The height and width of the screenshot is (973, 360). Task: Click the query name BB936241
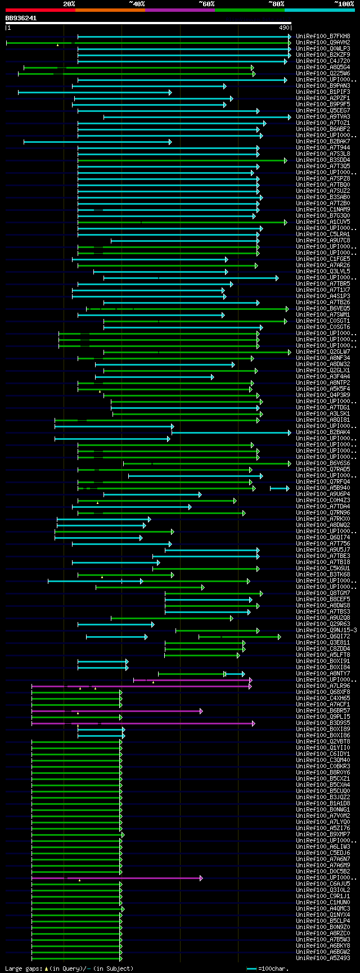pyautogui.click(x=21, y=18)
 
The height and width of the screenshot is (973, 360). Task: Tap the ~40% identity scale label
pyautogui.click(x=137, y=4)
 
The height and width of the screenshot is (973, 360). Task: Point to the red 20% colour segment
pyautogui.click(x=40, y=10)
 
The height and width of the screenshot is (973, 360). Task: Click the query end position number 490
pyautogui.click(x=283, y=28)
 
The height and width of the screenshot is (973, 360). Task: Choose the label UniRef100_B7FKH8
pyautogui.click(x=323, y=37)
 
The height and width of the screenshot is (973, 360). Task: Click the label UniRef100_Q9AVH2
pyautogui.click(x=323, y=43)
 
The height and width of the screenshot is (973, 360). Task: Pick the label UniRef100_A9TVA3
pyautogui.click(x=323, y=117)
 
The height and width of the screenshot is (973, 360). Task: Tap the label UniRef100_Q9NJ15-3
pyautogui.click(x=326, y=630)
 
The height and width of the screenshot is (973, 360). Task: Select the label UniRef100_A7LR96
pyautogui.click(x=323, y=686)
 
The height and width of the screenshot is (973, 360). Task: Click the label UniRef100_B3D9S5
pyautogui.click(x=323, y=723)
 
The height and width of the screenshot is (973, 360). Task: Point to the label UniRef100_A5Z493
pyautogui.click(x=323, y=958)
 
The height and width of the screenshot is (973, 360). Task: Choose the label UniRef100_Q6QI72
pyautogui.click(x=323, y=637)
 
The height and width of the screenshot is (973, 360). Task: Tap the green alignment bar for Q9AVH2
pyautogui.click(x=169, y=43)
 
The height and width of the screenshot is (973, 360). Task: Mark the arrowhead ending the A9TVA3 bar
pyautogui.click(x=289, y=117)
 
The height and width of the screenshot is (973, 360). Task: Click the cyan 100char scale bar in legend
pyautogui.click(x=251, y=969)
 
